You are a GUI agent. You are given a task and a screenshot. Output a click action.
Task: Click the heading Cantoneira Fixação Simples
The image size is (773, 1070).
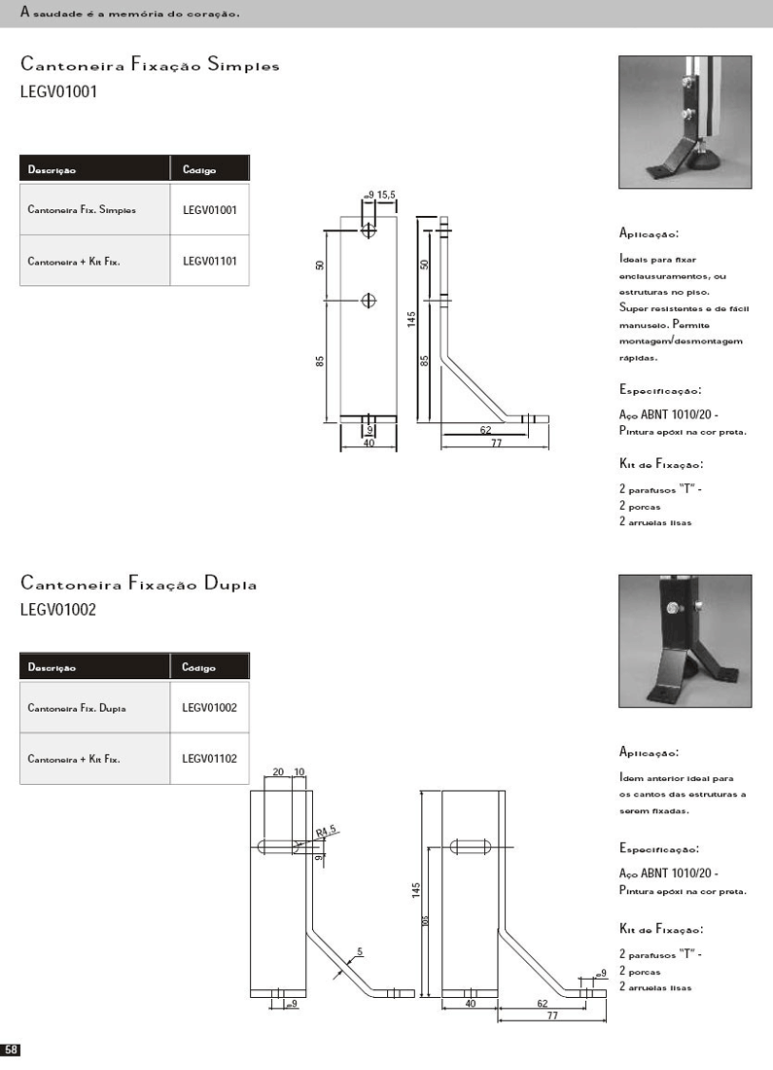[x=150, y=66]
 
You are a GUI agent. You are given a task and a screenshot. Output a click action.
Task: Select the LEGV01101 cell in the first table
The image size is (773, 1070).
[x=209, y=261]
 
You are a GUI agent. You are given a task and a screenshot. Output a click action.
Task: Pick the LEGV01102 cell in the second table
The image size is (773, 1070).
[x=209, y=759]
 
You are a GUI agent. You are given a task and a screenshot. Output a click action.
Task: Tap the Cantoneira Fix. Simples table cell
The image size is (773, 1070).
[x=82, y=209]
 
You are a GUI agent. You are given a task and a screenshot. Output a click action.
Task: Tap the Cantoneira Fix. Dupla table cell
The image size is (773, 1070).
[x=77, y=708]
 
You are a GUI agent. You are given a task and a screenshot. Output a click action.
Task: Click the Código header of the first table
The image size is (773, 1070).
[x=199, y=170]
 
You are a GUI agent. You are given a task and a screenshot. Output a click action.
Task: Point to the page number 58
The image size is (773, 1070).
[x=11, y=1051]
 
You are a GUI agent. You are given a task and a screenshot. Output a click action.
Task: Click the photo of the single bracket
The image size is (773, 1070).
[x=685, y=122]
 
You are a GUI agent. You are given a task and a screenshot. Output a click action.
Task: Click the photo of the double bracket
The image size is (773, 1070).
[x=685, y=640]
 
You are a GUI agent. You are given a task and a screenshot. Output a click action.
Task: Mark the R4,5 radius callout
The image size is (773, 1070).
[x=326, y=830]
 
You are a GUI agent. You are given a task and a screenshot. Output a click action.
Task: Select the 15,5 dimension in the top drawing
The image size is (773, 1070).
[x=386, y=196]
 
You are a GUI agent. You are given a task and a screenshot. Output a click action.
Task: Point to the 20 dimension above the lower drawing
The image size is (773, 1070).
[x=278, y=771]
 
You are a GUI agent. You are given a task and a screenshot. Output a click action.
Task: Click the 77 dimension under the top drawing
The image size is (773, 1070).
[x=496, y=444]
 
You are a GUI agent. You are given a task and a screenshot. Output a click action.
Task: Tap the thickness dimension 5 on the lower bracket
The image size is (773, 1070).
[x=359, y=951]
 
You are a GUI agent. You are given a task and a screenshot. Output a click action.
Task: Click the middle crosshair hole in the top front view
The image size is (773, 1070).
[x=369, y=300]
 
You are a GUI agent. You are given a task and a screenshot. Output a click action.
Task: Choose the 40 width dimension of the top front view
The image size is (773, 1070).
[x=369, y=444]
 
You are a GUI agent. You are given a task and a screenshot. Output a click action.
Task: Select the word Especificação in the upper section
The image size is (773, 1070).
[x=659, y=390]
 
